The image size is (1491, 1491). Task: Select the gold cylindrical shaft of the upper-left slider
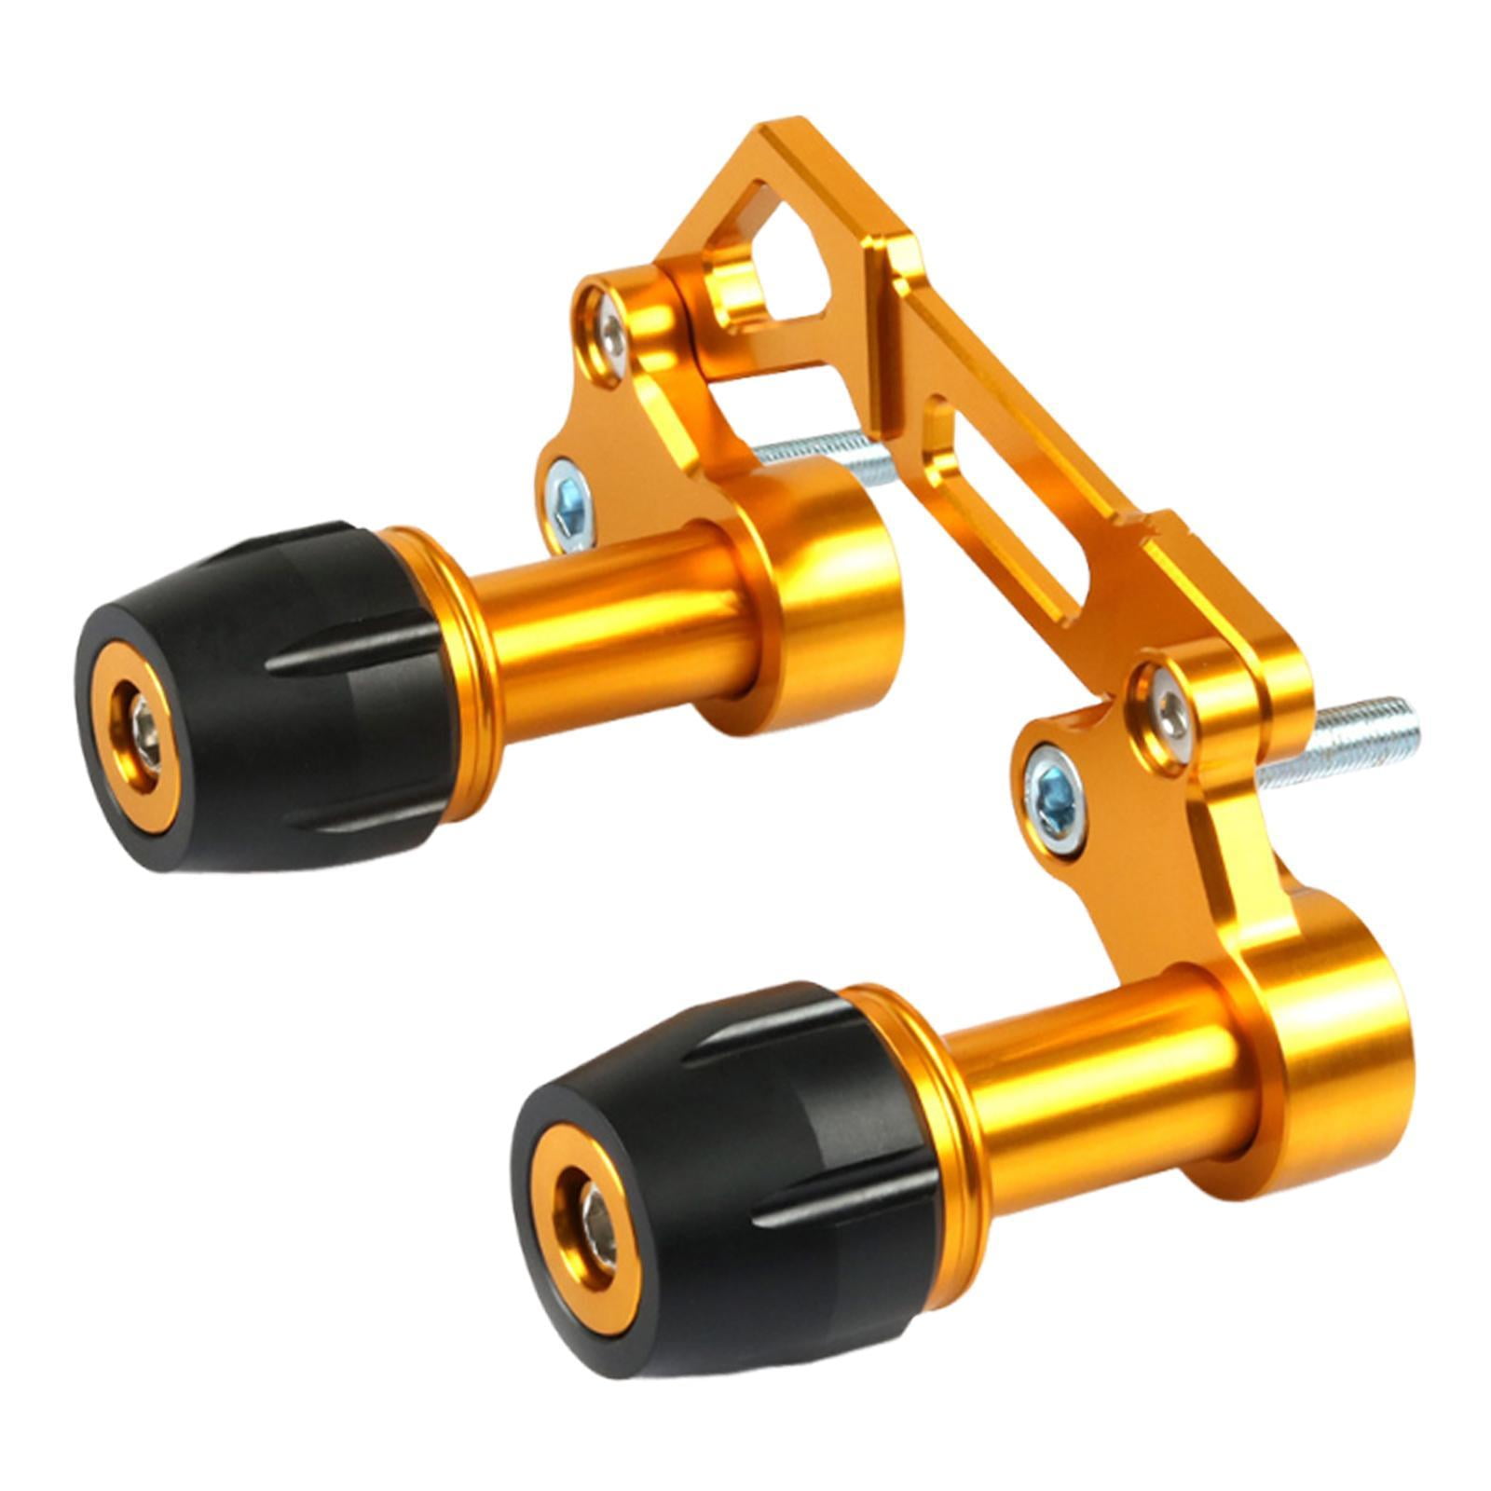tap(615, 624)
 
